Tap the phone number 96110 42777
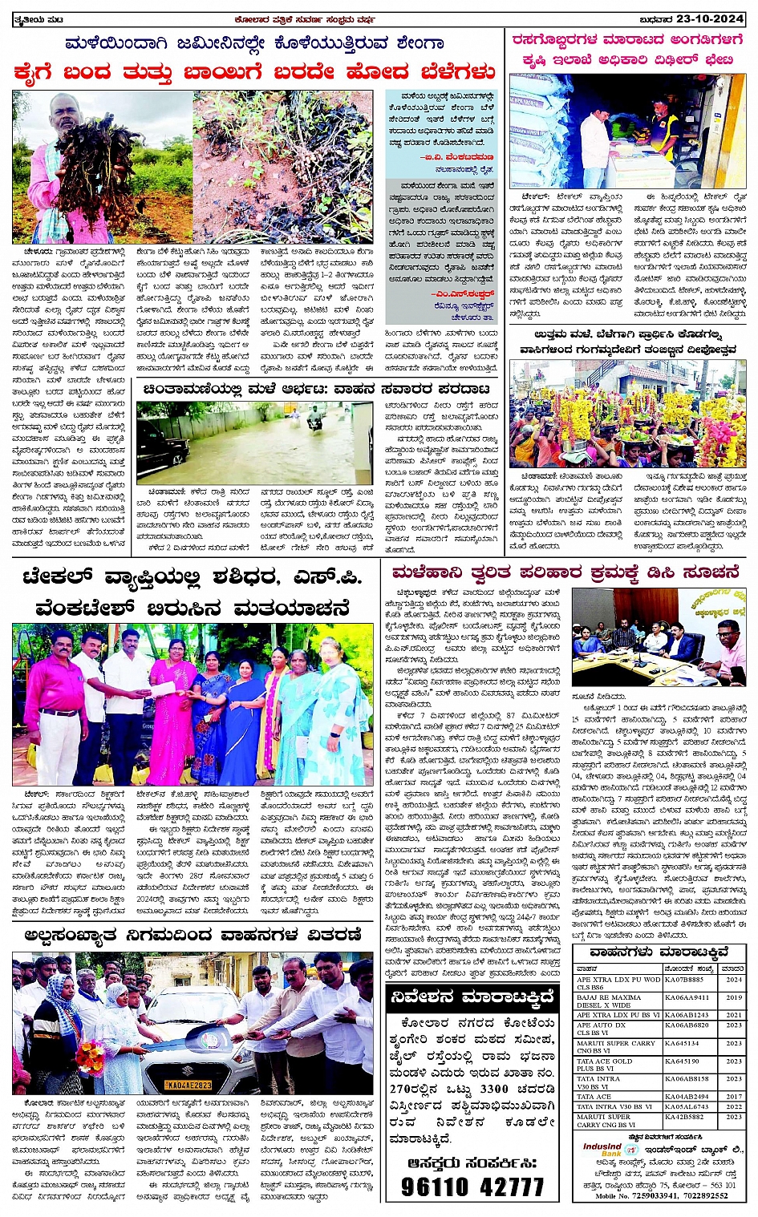tap(472, 1187)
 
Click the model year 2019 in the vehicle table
tap(734, 997)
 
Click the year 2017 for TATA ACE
tap(734, 1096)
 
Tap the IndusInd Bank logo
tap(602, 1151)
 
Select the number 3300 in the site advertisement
tap(494, 1089)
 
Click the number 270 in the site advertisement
tap(402, 1089)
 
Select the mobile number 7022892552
tap(700, 1195)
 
